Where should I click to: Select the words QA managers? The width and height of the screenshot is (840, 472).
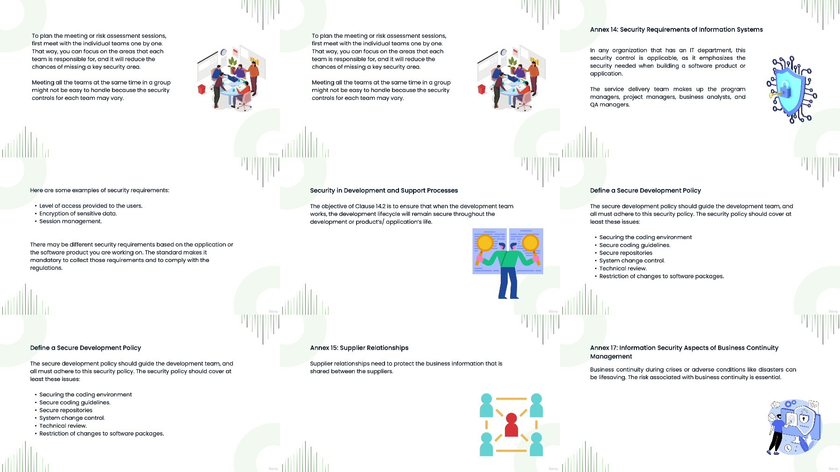click(609, 105)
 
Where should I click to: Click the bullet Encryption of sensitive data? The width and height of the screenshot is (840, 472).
click(78, 213)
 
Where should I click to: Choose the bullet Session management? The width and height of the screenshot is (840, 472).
click(70, 221)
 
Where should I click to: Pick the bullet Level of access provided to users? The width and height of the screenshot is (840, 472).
click(91, 206)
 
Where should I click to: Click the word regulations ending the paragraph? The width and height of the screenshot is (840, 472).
click(46, 268)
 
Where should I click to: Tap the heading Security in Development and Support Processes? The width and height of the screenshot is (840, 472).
click(384, 190)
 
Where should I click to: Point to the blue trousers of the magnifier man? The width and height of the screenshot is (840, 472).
click(508, 283)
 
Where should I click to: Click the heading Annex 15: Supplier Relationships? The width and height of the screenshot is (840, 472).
click(359, 348)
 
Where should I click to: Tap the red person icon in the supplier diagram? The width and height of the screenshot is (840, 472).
click(511, 424)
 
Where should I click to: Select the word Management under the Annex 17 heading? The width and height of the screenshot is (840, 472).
click(611, 356)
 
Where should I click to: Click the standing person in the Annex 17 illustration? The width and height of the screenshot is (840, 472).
click(776, 434)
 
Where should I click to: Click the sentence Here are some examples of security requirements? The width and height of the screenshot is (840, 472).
click(100, 190)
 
